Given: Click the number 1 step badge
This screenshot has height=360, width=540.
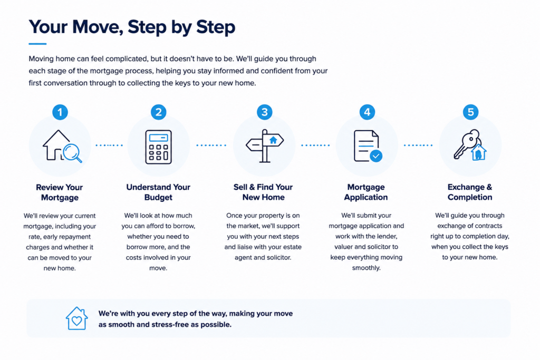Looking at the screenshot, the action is (60, 112).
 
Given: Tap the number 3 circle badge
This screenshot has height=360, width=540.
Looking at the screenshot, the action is (265, 112).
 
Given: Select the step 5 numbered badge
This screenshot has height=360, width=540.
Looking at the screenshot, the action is (470, 112).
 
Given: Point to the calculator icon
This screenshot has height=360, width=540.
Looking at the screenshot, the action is (158, 147).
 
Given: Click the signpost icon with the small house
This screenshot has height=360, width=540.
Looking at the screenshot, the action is (265, 145).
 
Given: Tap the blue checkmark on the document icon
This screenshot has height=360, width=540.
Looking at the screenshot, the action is (376, 156).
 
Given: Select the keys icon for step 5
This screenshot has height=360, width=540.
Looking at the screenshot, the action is (470, 145).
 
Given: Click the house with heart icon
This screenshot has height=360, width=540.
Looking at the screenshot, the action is (77, 318).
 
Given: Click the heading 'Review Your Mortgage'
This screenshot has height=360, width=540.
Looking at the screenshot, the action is (60, 192).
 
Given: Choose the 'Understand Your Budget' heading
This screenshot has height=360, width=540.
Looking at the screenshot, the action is (158, 192).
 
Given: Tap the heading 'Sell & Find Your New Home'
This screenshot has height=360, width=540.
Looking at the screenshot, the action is (263, 192).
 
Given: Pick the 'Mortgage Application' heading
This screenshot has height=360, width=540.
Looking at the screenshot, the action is (366, 192).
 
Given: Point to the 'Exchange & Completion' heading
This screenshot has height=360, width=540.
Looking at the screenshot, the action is (470, 192).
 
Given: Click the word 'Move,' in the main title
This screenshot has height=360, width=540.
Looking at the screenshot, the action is (98, 27).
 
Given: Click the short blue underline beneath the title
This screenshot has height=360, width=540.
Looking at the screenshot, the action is (37, 44).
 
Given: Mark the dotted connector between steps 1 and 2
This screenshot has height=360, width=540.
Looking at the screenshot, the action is (109, 145).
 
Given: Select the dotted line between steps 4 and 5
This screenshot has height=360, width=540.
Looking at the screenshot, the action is (418, 145).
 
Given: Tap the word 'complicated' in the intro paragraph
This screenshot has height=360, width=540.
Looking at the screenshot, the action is (127, 59).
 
